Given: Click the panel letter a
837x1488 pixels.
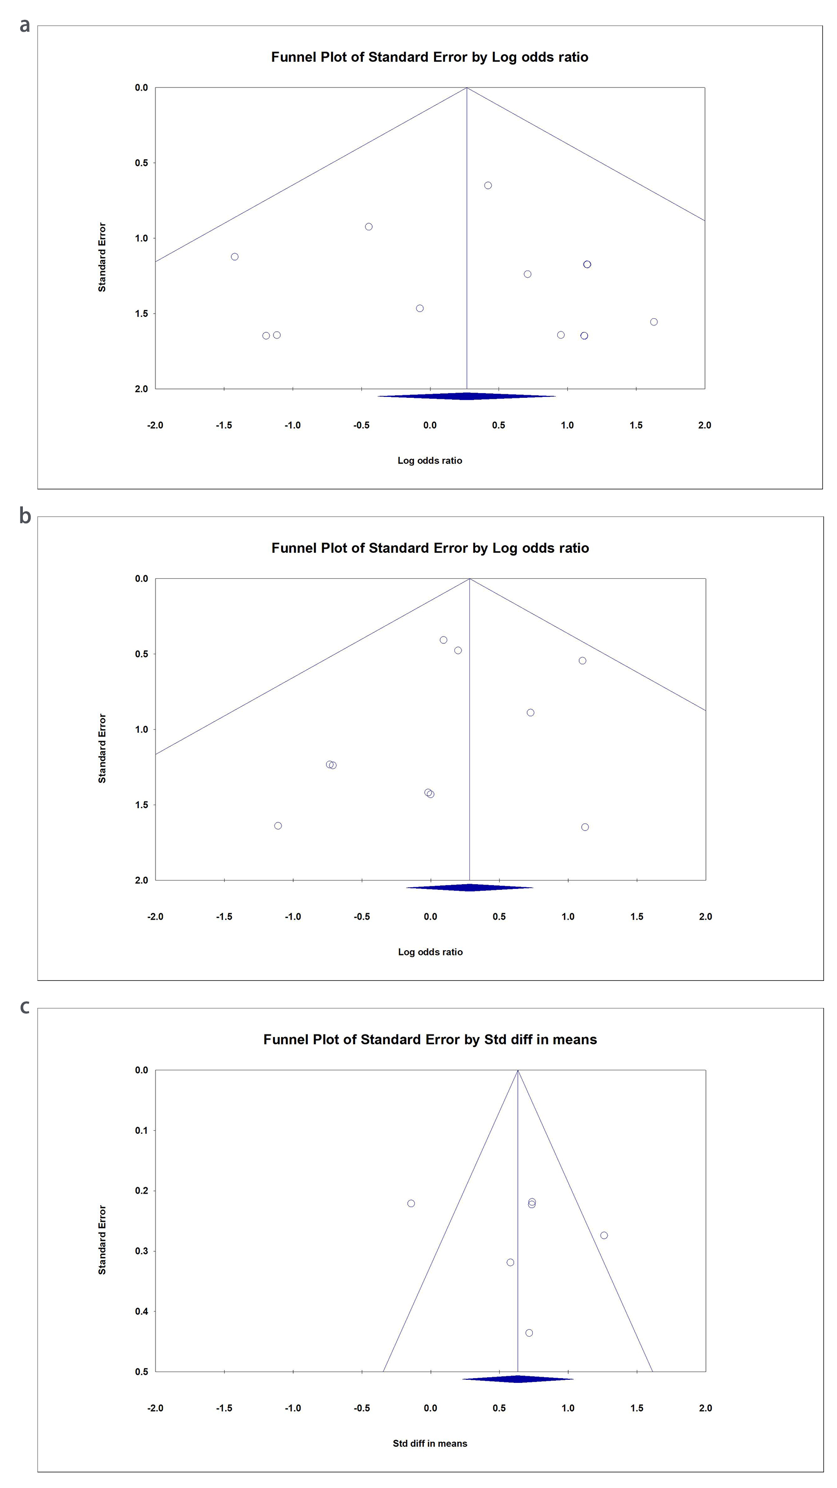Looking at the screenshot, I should pos(24,25).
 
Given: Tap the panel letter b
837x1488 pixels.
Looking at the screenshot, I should pos(25,515).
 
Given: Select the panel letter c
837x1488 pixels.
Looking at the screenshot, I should pos(24,1006).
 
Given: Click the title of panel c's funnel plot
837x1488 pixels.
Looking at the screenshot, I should pos(430,1039).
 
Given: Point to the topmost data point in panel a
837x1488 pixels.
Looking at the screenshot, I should pos(488,186).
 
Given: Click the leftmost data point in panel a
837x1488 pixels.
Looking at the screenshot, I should pos(234,256).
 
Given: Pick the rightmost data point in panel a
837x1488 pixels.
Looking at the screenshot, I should pos(653,322).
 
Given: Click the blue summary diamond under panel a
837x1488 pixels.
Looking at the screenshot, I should pos(466,396).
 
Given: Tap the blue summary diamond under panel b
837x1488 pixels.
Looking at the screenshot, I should pos(469,887).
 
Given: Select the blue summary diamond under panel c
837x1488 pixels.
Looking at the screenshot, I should pos(518,1379).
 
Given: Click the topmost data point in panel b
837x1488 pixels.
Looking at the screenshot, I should pos(443,640).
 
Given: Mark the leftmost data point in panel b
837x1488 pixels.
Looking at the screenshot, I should pos(278,825).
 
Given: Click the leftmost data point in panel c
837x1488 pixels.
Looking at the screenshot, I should pos(411,1203).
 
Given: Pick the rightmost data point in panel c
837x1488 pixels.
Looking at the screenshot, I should pos(604,1235).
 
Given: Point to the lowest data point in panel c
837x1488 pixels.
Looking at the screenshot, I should pos(529,1332).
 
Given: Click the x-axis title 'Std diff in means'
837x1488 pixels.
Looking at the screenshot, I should pos(430,1443).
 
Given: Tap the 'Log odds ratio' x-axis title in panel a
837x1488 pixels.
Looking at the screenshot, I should pos(429,460).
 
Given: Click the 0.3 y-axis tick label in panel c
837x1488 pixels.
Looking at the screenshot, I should pos(141,1251).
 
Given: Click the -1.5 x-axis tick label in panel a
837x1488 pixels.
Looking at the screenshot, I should pos(224,425).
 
